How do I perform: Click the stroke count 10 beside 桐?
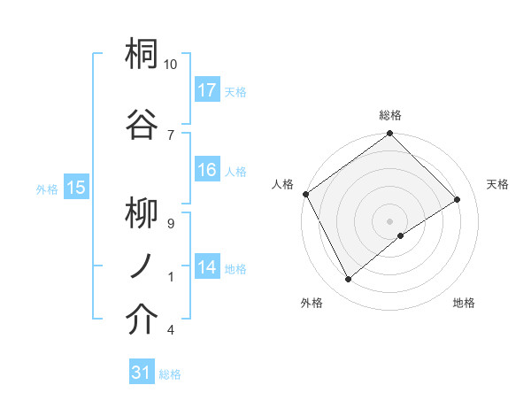[x=171, y=65]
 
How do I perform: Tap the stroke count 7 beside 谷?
[x=170, y=135]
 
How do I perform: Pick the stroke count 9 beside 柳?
[x=170, y=224]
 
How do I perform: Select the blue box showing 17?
[x=207, y=90]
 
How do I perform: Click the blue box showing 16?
[x=207, y=170]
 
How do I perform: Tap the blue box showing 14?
[x=207, y=267]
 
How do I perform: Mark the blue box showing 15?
[x=75, y=188]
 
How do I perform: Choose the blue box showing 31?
[x=142, y=373]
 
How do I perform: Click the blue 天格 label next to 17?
[x=235, y=91]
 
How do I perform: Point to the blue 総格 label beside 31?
[x=170, y=374]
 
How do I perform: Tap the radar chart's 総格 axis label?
[x=389, y=115]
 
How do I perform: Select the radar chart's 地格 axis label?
[x=464, y=304]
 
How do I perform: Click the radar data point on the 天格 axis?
[x=458, y=200]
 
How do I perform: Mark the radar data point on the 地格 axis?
[x=401, y=235]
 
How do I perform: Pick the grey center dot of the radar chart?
[x=389, y=220]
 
